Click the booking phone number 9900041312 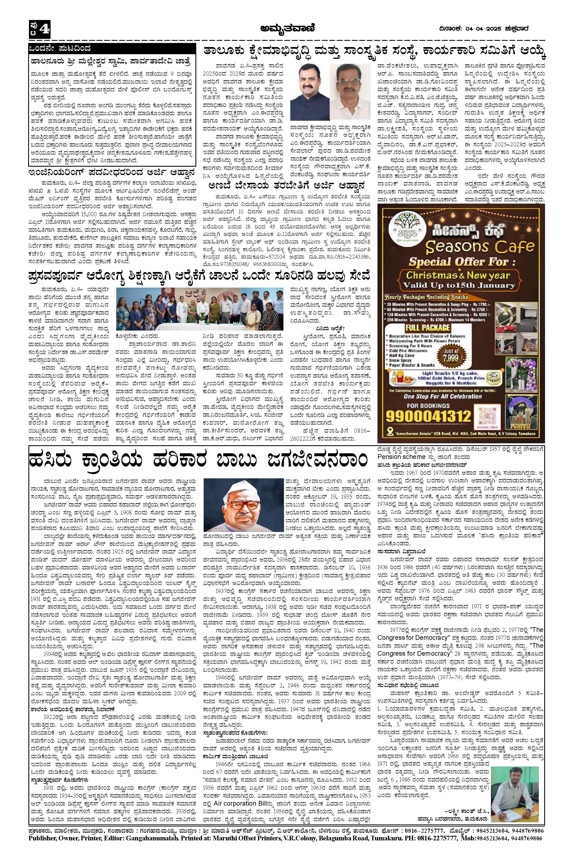click(429, 416)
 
